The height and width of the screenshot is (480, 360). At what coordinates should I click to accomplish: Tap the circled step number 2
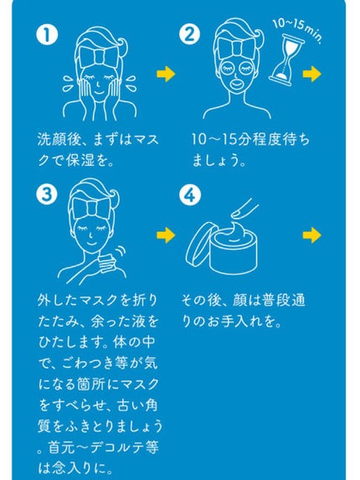tap(190, 36)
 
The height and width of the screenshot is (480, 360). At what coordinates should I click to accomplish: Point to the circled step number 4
tap(190, 194)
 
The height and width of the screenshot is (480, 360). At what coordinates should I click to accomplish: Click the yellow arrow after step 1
tap(167, 75)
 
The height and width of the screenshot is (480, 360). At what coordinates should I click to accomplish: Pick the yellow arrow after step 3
tap(167, 235)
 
